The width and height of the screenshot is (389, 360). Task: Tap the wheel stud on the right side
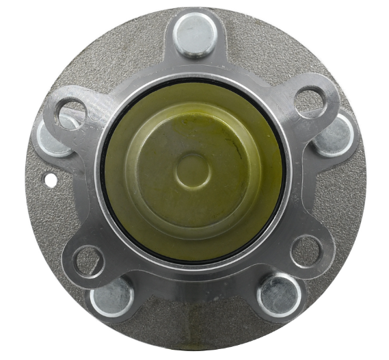click(x=334, y=135)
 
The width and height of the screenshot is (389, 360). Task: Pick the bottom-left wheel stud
click(x=112, y=296)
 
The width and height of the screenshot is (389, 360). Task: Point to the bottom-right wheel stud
click(x=279, y=294)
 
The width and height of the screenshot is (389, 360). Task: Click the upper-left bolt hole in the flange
click(x=71, y=112)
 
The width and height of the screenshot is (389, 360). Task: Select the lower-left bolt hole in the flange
click(x=88, y=261)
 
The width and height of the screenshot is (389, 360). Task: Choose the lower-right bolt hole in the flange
click(x=306, y=251)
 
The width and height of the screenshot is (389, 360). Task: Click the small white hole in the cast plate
click(x=50, y=180)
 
